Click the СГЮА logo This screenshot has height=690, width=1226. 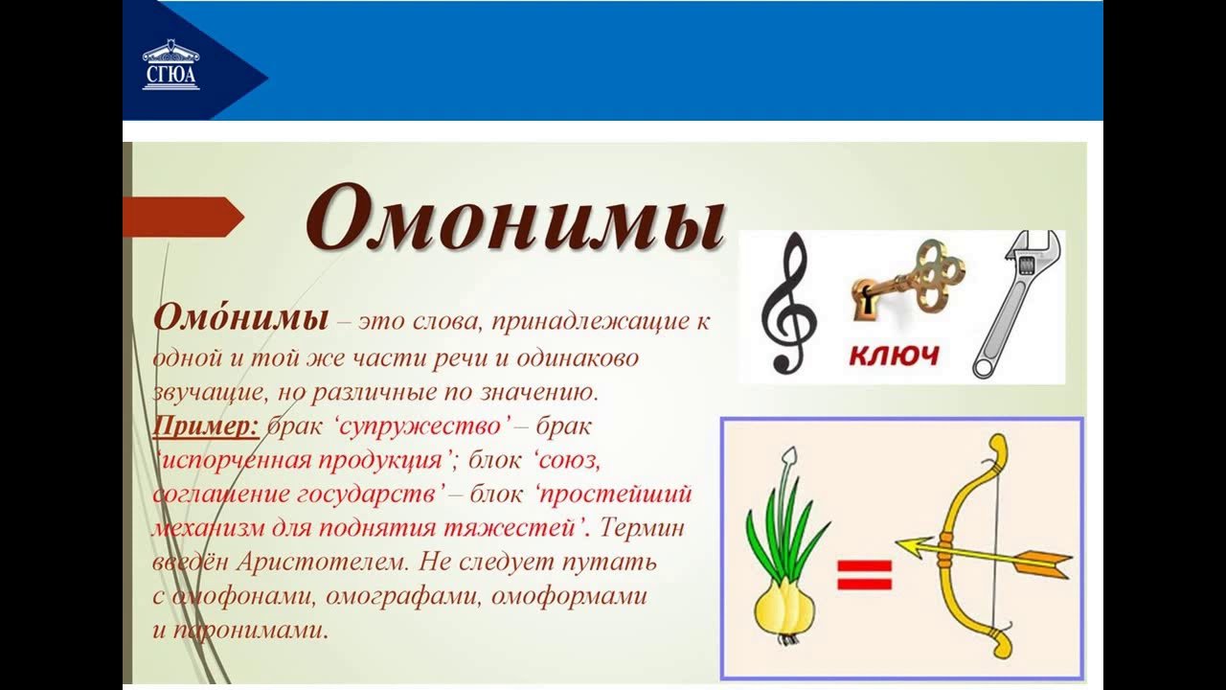pyautogui.click(x=171, y=65)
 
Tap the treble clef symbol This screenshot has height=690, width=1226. pyautogui.click(x=789, y=303)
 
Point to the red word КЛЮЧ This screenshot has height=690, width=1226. pyautogui.click(x=894, y=356)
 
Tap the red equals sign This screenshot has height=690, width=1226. pyautogui.click(x=865, y=574)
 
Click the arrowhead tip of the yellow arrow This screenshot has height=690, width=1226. pyautogui.click(x=897, y=543)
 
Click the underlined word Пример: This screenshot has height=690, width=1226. pyautogui.click(x=206, y=426)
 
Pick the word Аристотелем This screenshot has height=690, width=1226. pyautogui.click(x=324, y=562)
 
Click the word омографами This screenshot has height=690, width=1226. pyautogui.click(x=403, y=596)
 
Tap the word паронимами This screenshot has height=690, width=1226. pyautogui.click(x=251, y=631)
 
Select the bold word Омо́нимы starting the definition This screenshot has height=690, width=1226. pyautogui.click(x=240, y=318)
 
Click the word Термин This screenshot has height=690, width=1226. pyautogui.click(x=642, y=528)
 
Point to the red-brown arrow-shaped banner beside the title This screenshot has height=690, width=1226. pyautogui.click(x=183, y=217)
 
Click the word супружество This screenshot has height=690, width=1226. pyautogui.click(x=420, y=426)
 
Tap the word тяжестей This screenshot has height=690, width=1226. pyautogui.click(x=509, y=528)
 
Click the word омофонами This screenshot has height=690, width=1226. pyautogui.click(x=244, y=596)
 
